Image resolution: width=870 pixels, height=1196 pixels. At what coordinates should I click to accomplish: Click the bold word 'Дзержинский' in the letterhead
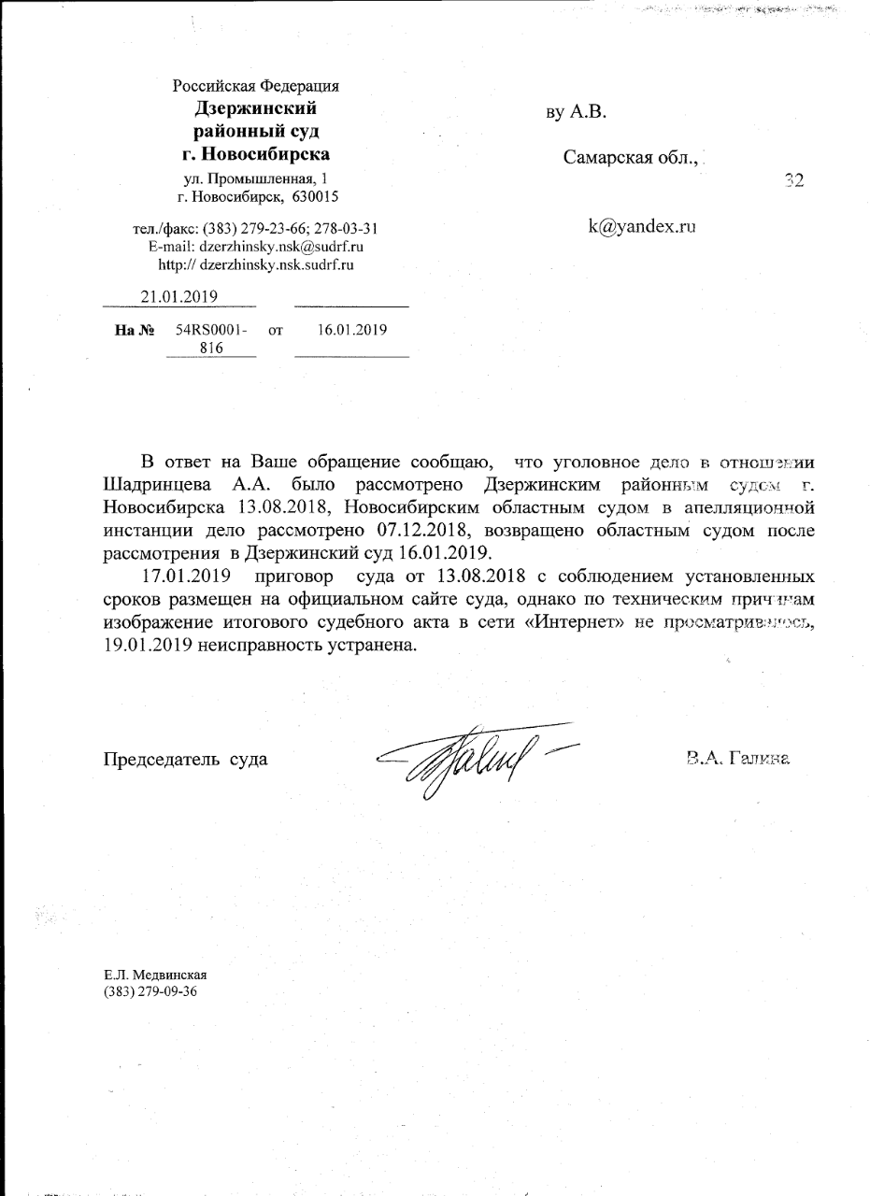tap(255, 108)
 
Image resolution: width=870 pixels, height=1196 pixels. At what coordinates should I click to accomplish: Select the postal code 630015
tap(315, 196)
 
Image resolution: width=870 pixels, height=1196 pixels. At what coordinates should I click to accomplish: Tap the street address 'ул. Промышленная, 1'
tap(256, 178)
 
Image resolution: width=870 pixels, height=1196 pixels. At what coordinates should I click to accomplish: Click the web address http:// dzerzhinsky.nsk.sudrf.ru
tap(256, 264)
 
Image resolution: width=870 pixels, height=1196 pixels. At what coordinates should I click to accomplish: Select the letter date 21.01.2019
tap(179, 296)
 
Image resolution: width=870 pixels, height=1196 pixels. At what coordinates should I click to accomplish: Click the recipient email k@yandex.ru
tap(643, 225)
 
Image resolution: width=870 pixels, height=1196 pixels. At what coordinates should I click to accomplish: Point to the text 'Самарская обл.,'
tap(632, 157)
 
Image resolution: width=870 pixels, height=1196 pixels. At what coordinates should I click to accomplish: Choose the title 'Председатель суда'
tap(185, 758)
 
